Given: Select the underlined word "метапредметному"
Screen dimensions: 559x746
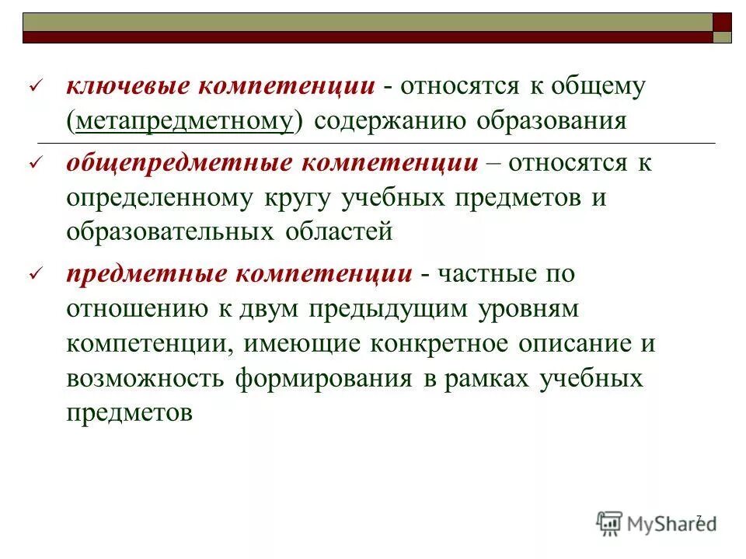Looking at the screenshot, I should (184, 122).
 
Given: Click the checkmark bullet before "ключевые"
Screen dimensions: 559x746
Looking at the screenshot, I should (33, 88).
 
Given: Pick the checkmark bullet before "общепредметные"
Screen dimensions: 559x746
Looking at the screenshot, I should (33, 164).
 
